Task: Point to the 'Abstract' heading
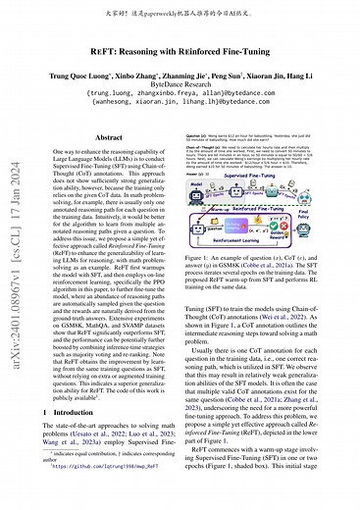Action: [104, 139]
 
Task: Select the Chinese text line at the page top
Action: [180, 12]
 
